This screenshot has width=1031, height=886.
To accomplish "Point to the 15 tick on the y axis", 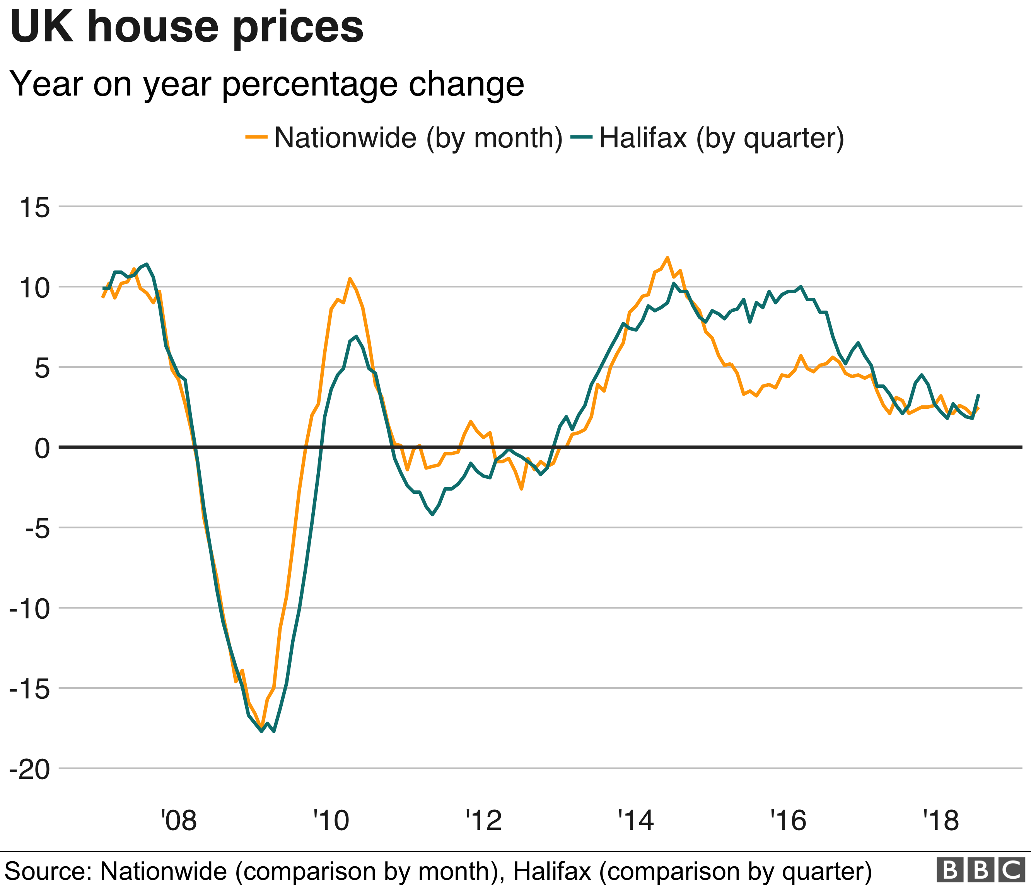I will click(x=35, y=207).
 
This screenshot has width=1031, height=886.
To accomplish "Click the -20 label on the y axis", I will click(x=30, y=770).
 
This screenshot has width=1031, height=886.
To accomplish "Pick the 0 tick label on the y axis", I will click(x=42, y=448).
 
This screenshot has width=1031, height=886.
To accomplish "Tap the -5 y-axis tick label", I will click(x=38, y=528).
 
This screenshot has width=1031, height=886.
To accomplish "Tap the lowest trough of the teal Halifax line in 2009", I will click(x=274, y=731).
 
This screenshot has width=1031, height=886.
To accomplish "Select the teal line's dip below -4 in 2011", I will click(x=432, y=515).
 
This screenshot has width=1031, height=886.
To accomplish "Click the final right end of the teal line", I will click(x=979, y=394).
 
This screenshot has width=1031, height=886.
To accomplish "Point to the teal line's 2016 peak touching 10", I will click(x=801, y=287).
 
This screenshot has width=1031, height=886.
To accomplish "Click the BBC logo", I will click(x=981, y=870).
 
